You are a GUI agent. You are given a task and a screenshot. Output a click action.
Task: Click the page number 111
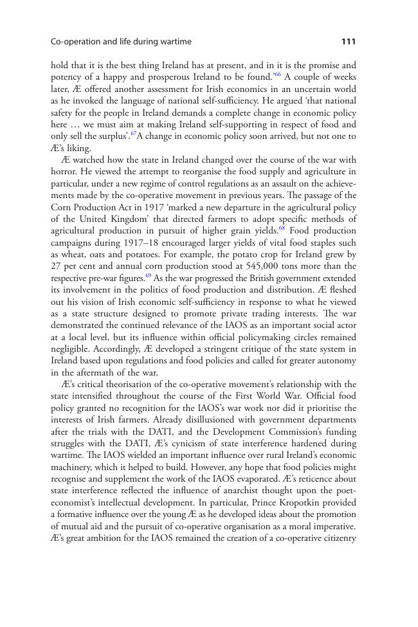[x=348, y=42]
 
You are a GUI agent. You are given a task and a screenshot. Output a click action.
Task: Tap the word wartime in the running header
[x=174, y=42]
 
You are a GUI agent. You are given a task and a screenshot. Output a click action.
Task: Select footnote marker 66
[x=277, y=76]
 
